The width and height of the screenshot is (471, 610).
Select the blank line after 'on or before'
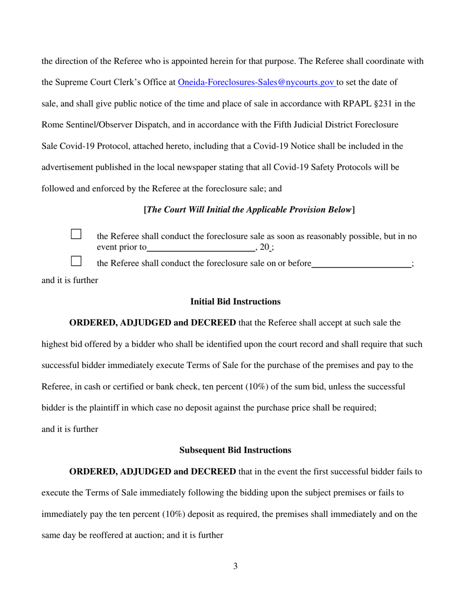pos(361,264)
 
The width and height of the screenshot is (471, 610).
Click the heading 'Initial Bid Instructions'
pos(235,301)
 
